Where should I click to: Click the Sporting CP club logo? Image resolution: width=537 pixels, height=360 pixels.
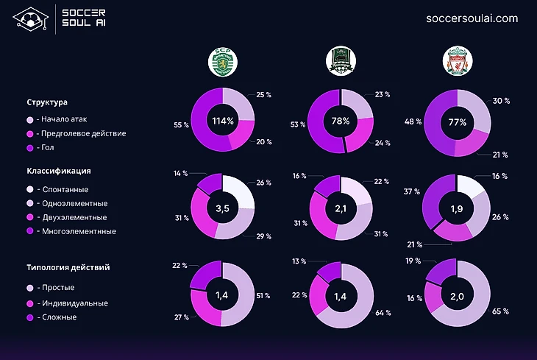point(222,63)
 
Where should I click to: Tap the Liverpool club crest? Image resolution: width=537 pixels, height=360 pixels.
point(457,63)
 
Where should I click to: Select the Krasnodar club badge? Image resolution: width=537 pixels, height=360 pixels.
point(340,63)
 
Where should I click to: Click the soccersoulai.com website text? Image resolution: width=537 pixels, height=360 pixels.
point(472,18)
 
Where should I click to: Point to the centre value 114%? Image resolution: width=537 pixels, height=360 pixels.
point(222,121)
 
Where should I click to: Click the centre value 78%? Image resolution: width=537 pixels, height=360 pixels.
point(340,121)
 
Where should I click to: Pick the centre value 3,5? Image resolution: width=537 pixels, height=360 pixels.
point(222,209)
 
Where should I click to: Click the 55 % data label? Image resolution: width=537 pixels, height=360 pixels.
point(180,125)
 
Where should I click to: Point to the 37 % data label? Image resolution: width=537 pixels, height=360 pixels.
point(412,191)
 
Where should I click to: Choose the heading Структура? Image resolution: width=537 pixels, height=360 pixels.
point(47,102)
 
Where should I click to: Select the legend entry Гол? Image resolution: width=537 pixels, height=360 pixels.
point(48,148)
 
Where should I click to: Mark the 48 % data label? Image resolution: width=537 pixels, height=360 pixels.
point(412,121)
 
